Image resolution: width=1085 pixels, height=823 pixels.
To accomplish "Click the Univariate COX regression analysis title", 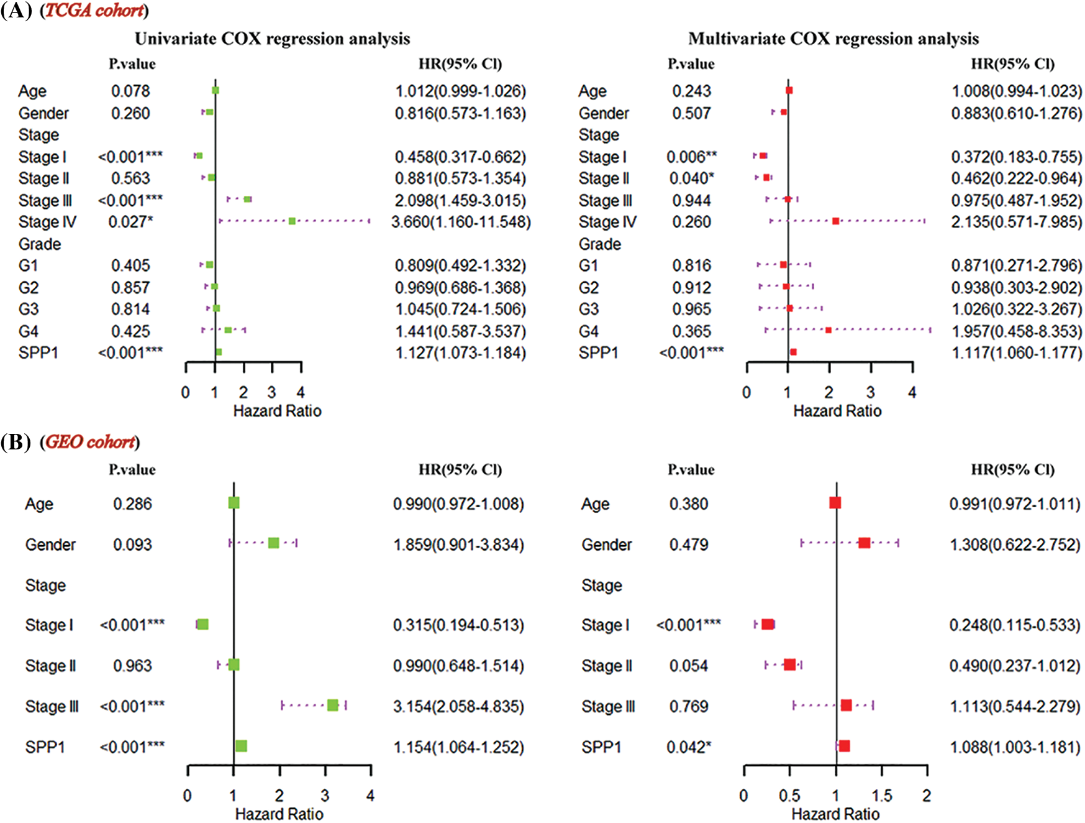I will point(272,39).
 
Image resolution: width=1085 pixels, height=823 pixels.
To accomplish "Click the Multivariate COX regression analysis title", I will point(833,39).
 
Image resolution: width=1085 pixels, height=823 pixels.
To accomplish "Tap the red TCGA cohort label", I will point(94,11).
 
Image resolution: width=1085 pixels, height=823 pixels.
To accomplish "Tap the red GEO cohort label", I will point(90,442).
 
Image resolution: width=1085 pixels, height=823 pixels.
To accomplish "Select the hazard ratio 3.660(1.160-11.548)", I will point(461,222).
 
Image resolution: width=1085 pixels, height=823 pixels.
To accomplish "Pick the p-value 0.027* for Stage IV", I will point(130,222).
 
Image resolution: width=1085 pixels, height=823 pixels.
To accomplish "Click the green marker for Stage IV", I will point(292,221).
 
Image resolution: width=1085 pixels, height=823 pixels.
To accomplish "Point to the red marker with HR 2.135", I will point(836,221).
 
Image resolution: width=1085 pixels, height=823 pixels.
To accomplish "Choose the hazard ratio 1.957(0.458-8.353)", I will point(1017,331).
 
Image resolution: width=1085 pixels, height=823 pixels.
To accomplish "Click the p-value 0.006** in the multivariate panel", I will point(691,157).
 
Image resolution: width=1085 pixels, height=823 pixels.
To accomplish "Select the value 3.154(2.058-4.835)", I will point(458,706).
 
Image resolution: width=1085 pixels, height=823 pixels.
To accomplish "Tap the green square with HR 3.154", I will point(333,705).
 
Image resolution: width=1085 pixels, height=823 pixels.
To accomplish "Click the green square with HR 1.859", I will point(273,543).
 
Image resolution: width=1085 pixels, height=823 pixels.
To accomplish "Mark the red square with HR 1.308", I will point(864,543).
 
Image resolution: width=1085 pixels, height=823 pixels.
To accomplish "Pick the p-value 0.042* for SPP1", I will point(689,747).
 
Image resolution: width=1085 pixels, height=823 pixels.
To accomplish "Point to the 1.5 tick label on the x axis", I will point(881,795).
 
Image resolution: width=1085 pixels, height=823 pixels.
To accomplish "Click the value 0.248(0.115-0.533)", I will point(1015,625).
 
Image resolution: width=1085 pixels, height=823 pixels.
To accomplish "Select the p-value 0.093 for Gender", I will point(132,545).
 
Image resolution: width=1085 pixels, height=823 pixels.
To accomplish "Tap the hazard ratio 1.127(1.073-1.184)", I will point(460,353).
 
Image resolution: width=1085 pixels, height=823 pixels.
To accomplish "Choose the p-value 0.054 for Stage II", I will point(689,666).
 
